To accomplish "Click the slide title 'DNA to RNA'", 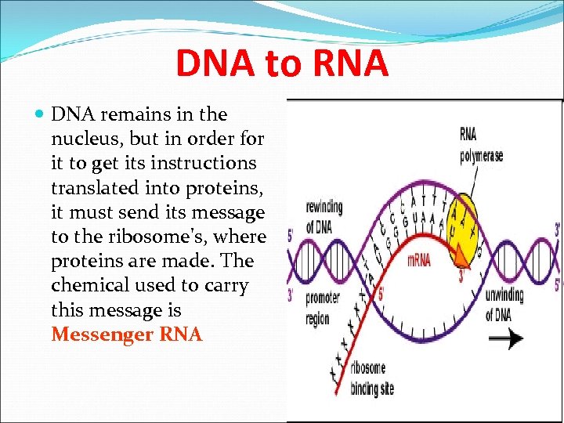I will (282, 63).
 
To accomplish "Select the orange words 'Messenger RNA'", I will (126, 334).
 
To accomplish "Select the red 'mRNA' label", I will (419, 260).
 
